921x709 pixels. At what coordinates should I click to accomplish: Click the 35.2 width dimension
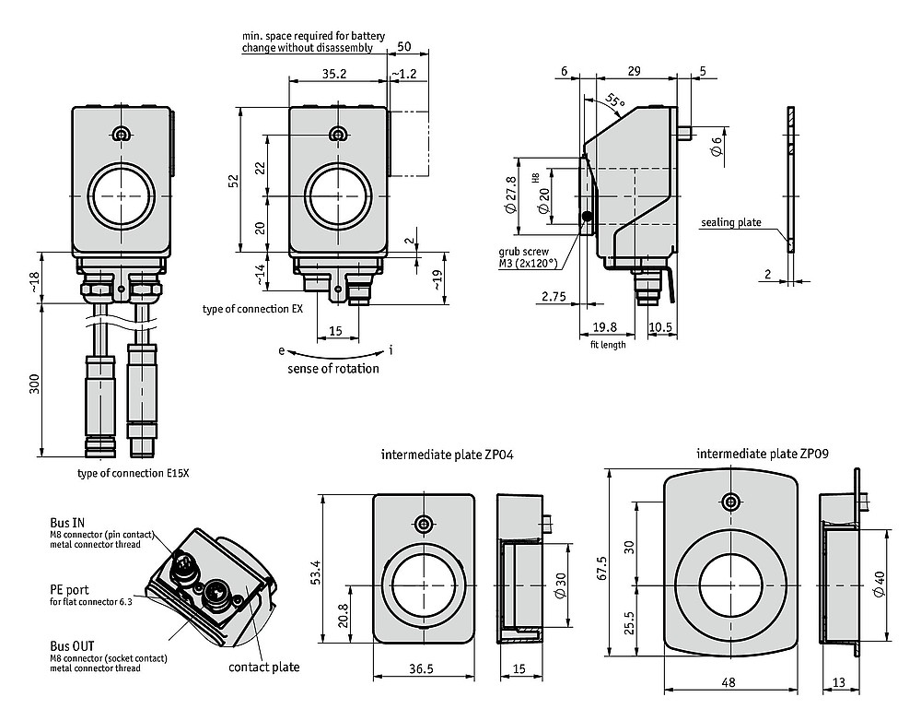pos(334,73)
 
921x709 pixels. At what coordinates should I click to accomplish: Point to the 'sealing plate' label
pos(730,222)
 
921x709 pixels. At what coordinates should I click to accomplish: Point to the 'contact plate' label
pos(264,667)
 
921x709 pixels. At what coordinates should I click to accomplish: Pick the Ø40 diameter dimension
pos(904,585)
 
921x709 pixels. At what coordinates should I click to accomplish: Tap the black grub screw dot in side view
pos(587,217)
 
